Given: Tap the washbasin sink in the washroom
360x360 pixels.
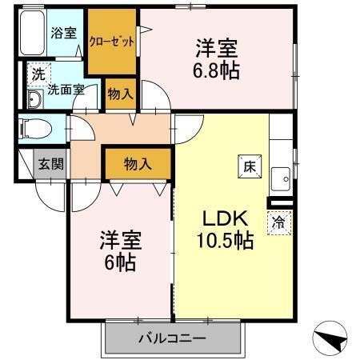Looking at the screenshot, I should pos(35,100).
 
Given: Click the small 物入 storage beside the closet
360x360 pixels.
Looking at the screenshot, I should pos(120,94).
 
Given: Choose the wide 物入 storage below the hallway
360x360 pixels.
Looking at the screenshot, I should pos(138,164).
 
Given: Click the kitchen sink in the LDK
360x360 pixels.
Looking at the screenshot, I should pos(281,176).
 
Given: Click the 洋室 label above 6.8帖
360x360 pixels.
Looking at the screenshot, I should pos(215,48).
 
